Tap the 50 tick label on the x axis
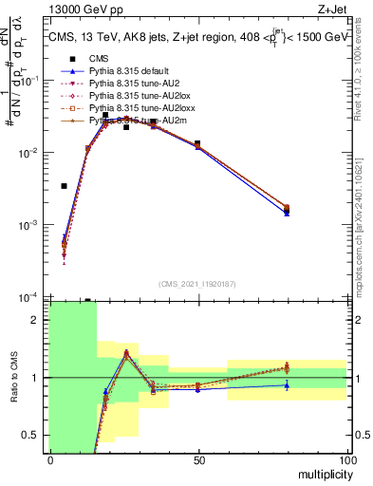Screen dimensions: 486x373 click(198, 458)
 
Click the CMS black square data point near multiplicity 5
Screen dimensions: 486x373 click(65, 186)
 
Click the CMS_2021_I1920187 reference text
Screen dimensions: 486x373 click(197, 284)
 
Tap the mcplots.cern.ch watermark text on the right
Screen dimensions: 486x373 click(364, 218)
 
